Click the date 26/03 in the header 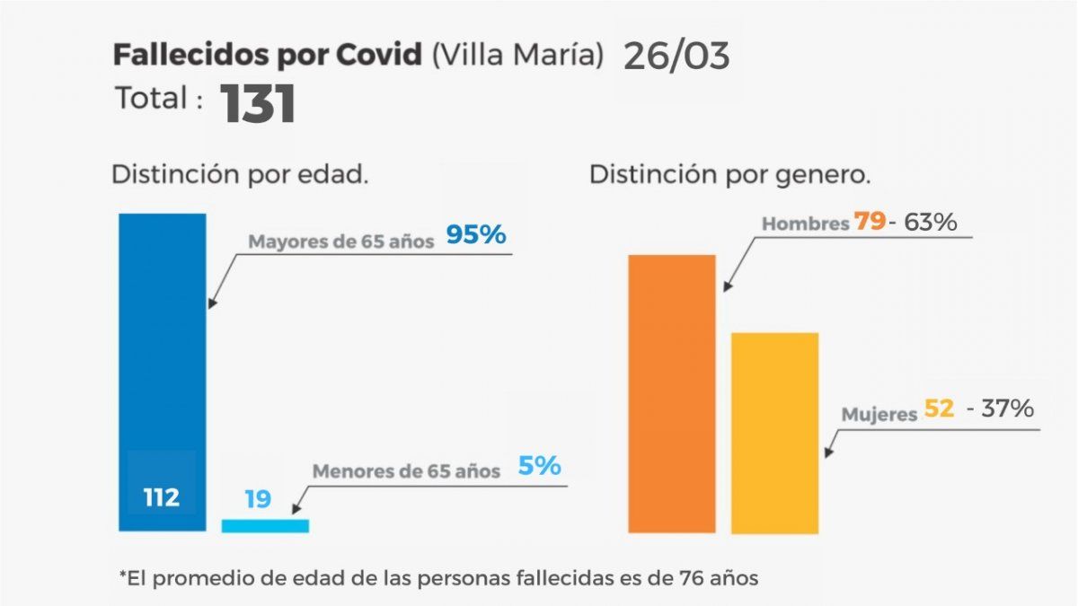click(676, 56)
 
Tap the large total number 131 click(259, 104)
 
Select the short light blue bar click(265, 525)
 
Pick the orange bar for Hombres click(672, 393)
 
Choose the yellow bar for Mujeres click(774, 433)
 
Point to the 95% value click(476, 235)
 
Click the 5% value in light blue click(539, 466)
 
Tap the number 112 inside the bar click(162, 497)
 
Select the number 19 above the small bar click(258, 498)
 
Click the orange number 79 click(870, 221)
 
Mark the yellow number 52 click(939, 409)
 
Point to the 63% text click(929, 221)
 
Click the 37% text click(1007, 409)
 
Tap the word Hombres click(805, 224)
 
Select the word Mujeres click(879, 415)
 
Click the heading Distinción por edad click(240, 174)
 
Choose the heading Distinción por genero click(729, 174)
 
